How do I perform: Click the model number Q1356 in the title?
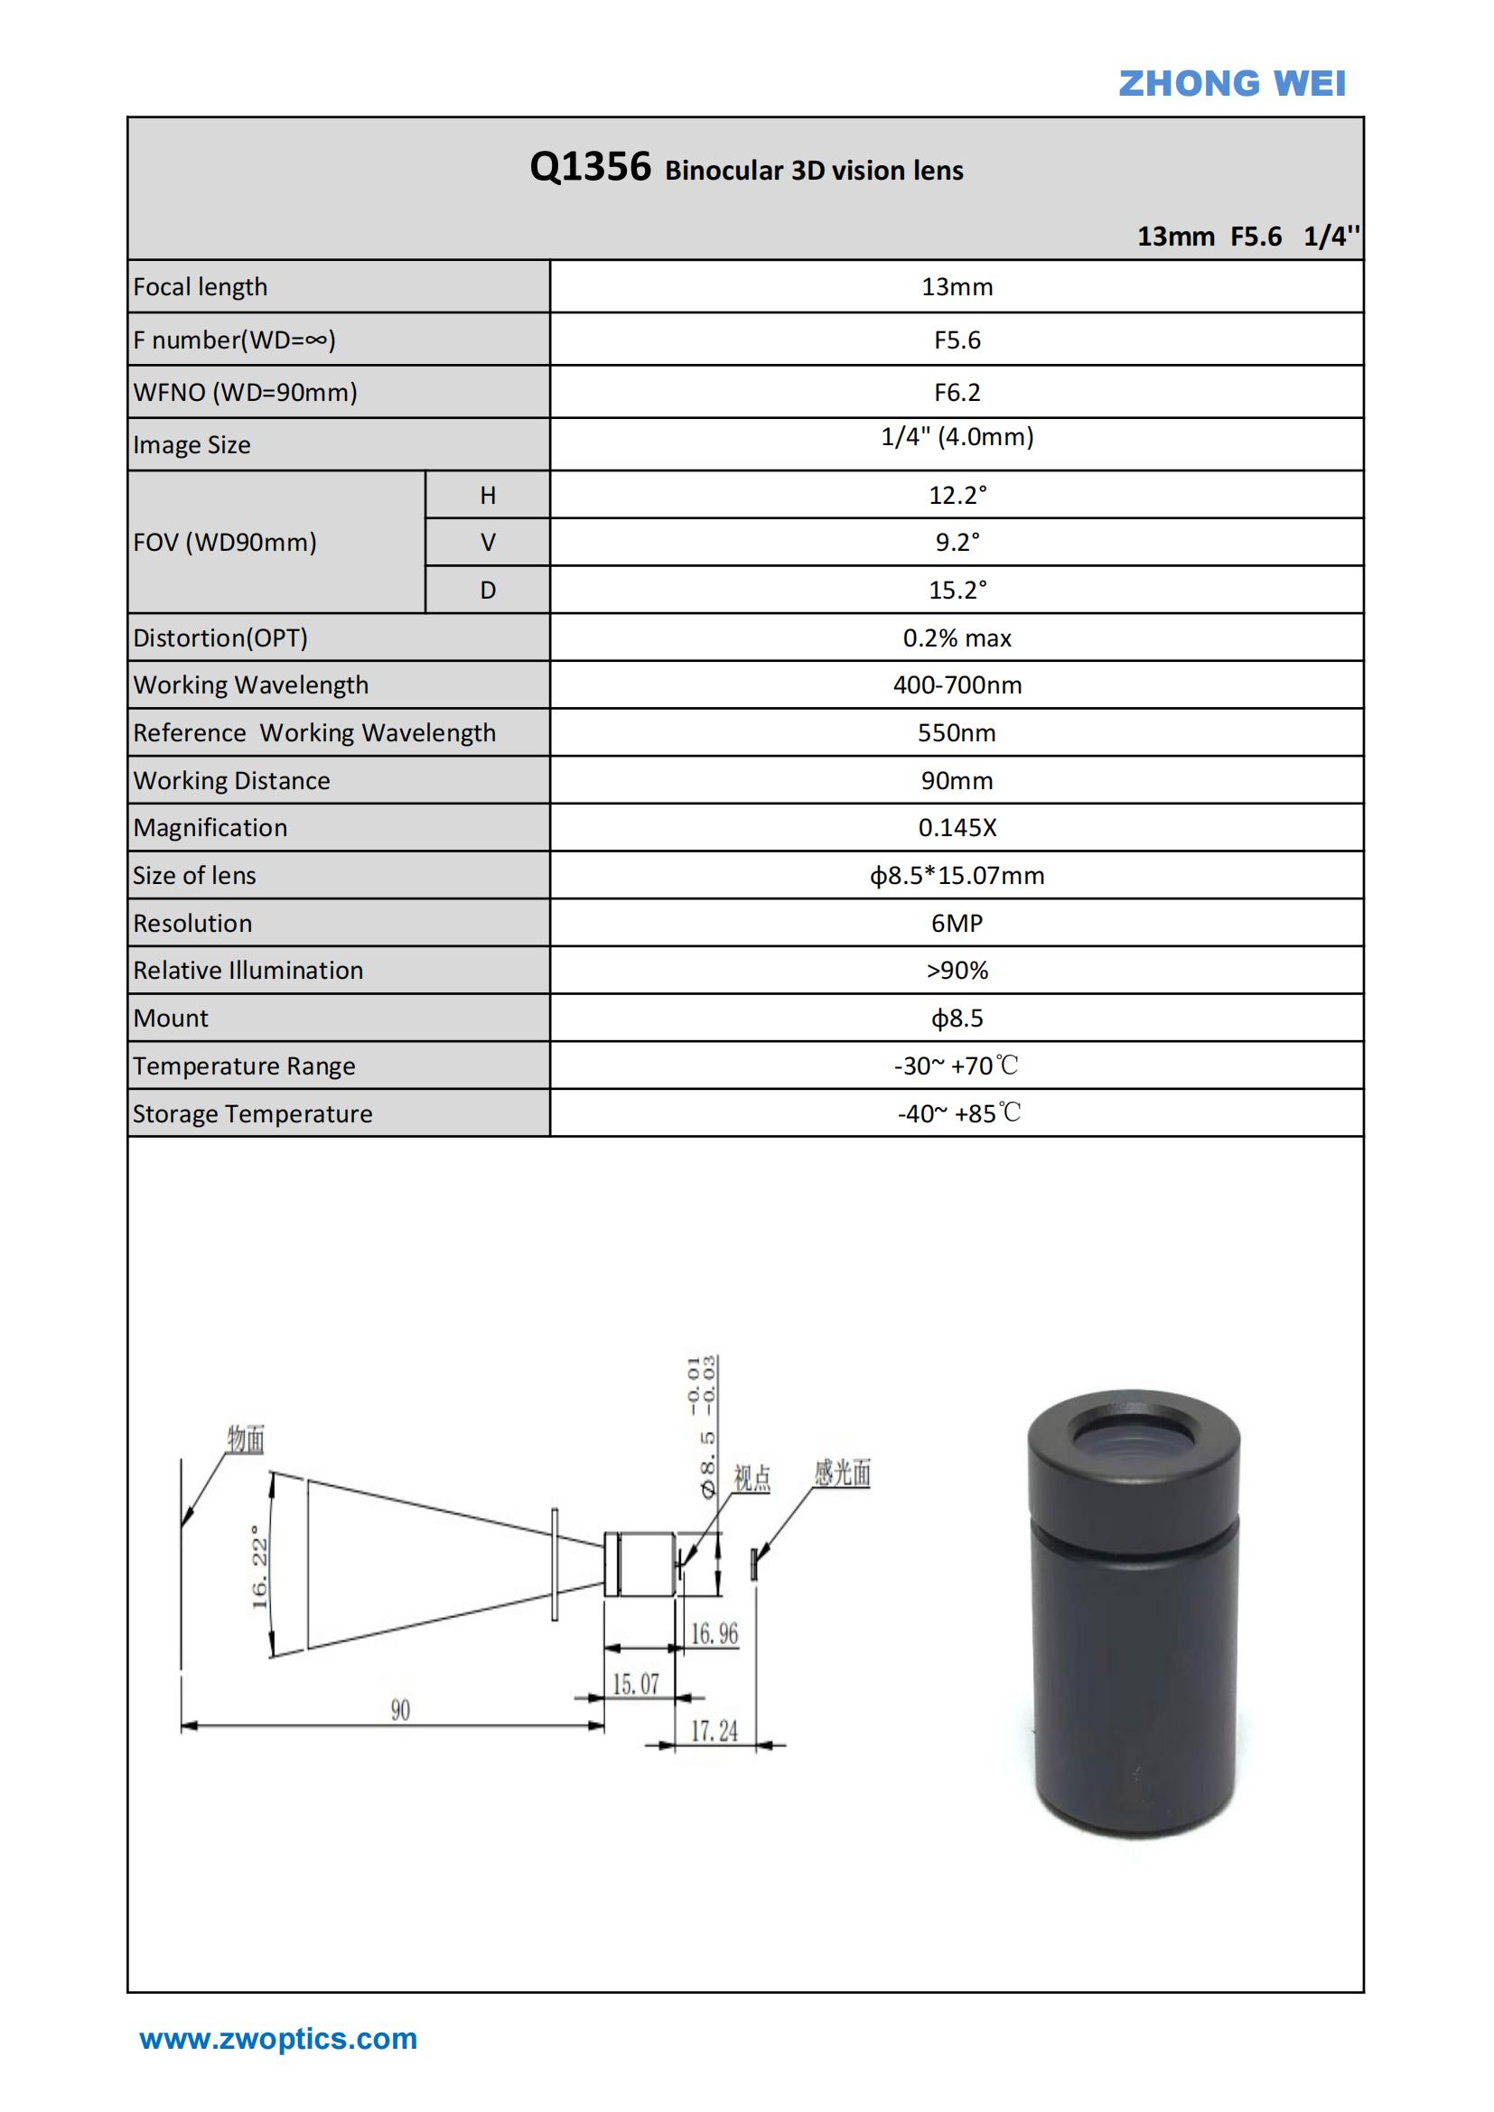coord(590,167)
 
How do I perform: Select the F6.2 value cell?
coord(957,393)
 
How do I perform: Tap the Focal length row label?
coord(201,287)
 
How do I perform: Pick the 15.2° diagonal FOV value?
coord(957,591)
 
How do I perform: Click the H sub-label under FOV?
coord(488,496)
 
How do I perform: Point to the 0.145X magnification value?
coord(957,828)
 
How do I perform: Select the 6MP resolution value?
coord(957,924)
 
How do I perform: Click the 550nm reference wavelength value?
coord(957,733)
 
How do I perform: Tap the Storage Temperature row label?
coord(252,1114)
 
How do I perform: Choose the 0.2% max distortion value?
coord(957,638)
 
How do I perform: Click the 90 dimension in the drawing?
coord(400,1710)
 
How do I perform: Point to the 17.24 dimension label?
coord(714,1731)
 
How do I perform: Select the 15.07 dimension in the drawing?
coord(636,1684)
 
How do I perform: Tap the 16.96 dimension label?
coord(714,1633)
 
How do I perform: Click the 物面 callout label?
coord(246,1439)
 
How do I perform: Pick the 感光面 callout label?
coord(842,1474)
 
